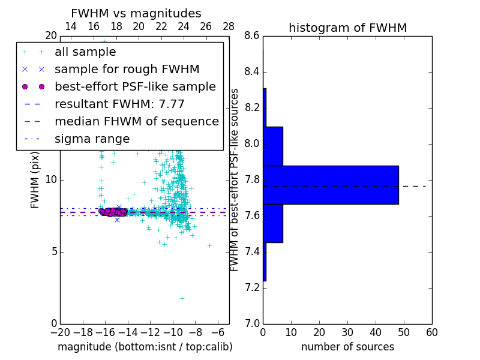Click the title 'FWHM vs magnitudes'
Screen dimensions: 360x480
click(136, 14)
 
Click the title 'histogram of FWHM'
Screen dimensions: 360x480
click(347, 28)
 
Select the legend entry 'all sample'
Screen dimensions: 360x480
click(85, 52)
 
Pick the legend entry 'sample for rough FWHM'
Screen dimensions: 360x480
click(127, 69)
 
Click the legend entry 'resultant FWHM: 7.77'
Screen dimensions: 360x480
click(119, 104)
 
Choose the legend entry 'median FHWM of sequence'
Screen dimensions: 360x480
click(136, 121)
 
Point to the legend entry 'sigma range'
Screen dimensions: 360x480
click(92, 139)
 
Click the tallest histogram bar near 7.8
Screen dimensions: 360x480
click(331, 185)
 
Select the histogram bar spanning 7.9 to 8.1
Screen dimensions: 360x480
click(273, 146)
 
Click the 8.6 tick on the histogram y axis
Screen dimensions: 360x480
click(252, 36)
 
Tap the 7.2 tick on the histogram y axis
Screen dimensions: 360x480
click(252, 287)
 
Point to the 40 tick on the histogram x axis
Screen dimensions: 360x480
click(376, 332)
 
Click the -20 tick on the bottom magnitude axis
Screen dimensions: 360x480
click(60, 332)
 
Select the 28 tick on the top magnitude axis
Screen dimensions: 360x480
click(229, 26)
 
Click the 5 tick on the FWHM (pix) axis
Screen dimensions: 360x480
click(53, 251)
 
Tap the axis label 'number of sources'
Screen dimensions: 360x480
click(347, 347)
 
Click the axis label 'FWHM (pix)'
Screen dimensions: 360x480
click(35, 179)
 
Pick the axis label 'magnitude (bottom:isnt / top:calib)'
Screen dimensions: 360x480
click(145, 347)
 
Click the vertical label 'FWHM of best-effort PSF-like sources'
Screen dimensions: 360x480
click(235, 179)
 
